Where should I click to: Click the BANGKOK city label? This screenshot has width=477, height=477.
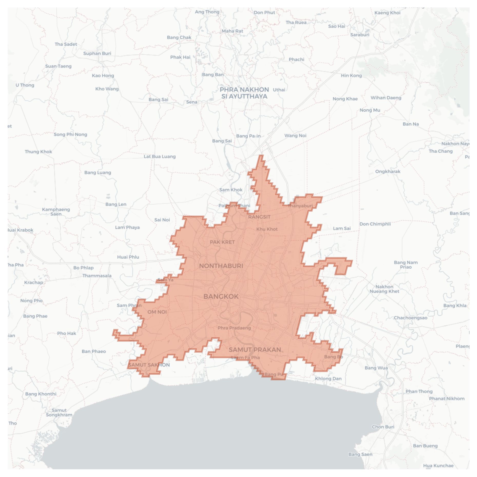point(221,296)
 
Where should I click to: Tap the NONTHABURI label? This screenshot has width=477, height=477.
point(221,266)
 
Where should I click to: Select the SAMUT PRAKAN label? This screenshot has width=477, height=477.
point(255,349)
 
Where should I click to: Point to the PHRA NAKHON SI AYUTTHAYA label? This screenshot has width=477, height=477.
point(244,93)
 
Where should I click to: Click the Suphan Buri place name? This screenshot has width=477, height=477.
point(97,53)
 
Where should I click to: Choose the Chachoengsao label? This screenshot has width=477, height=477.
point(411,318)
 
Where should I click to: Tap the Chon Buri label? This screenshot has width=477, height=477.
point(383,427)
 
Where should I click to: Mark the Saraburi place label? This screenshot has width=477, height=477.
point(360,35)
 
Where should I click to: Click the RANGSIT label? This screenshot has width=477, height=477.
point(259,217)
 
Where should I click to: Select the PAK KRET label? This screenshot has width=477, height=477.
point(222,242)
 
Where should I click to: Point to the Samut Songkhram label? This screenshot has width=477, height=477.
point(59,412)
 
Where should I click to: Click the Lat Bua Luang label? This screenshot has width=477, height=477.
point(160,157)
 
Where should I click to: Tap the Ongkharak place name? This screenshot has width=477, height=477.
point(388,171)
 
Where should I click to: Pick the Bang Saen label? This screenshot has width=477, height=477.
point(360,454)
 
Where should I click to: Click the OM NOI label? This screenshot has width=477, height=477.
point(157,312)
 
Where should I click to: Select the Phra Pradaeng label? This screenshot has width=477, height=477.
point(234,328)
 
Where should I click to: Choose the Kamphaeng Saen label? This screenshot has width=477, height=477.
point(56,212)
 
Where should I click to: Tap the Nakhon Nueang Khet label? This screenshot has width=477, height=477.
point(384,289)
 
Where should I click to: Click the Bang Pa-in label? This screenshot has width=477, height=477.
point(248,136)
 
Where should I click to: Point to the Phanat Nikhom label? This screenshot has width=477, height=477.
point(447,398)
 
